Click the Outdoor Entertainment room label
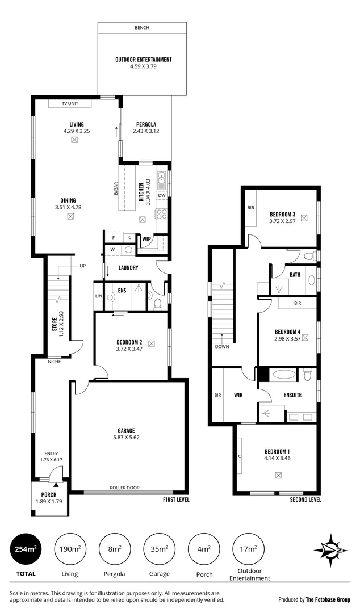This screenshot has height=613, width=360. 143,60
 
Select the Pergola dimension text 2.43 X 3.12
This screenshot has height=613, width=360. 146,131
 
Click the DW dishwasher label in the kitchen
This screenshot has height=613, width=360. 162,195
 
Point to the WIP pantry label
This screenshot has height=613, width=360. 146,239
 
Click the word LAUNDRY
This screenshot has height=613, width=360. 128,267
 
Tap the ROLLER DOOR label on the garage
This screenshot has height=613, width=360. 125,488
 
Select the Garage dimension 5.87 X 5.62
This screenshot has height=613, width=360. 127,438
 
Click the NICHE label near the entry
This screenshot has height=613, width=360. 55,360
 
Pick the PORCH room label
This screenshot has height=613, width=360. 49,494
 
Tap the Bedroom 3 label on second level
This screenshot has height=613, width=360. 282,214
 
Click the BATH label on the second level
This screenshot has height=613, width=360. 295,275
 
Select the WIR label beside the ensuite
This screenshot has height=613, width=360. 238,395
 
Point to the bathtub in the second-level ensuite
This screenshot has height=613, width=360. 281,375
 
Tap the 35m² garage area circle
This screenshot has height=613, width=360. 158,549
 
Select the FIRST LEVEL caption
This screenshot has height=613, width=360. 175,500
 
